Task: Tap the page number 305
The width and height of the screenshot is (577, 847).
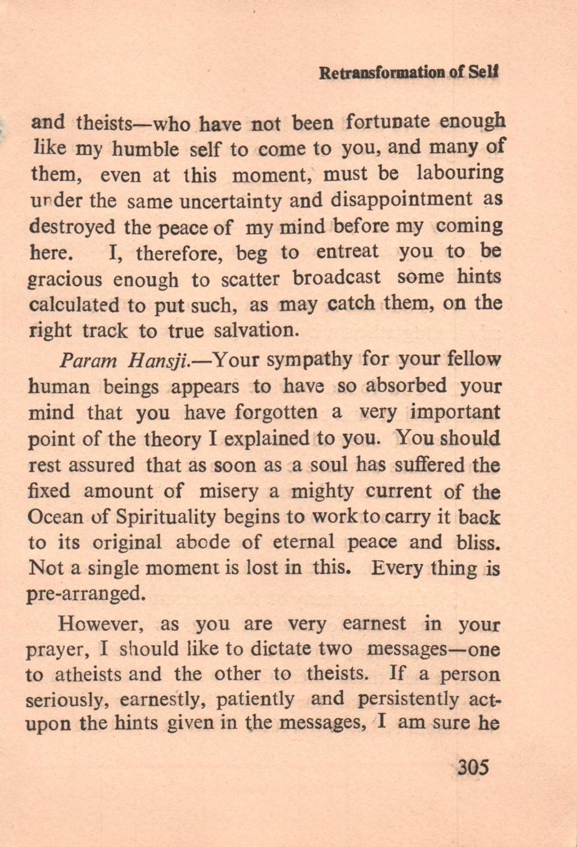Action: point(473,766)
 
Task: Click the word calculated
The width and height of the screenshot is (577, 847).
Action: point(74,305)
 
